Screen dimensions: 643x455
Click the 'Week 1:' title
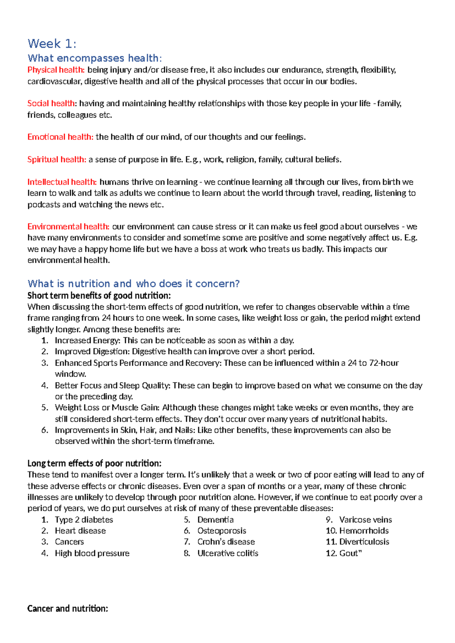tap(52, 44)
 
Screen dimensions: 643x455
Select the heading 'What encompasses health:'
tap(94, 58)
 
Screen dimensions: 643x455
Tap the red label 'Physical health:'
tap(56, 70)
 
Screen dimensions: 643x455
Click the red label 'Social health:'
tap(52, 103)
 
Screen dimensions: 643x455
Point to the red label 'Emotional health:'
tap(60, 137)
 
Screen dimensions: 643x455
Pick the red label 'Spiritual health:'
tap(57, 159)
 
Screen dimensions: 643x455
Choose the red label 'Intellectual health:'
tap(62, 182)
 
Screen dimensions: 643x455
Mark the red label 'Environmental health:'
tap(68, 226)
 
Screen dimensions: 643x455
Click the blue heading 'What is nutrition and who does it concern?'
tap(133, 284)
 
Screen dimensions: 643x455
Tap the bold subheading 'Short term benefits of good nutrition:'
tap(99, 295)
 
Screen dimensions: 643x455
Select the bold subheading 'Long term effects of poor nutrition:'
tap(94, 463)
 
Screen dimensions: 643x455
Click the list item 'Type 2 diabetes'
tap(84, 519)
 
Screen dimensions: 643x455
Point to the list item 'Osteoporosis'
tap(221, 530)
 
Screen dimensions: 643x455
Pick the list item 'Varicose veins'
tap(366, 519)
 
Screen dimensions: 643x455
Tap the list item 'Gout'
tap(348, 553)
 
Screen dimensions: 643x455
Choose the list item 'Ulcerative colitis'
tap(227, 553)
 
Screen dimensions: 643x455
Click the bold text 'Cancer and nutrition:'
tap(67, 608)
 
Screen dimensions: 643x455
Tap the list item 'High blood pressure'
tap(92, 553)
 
